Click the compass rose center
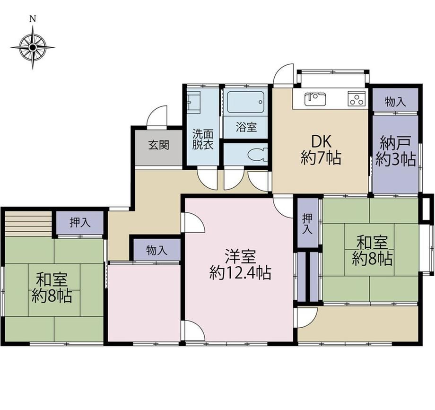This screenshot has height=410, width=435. point(33,47)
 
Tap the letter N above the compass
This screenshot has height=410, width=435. point(33,19)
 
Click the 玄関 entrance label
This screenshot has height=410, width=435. point(158,145)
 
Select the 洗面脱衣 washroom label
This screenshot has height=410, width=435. point(203,140)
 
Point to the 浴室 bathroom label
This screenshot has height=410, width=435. point(246,127)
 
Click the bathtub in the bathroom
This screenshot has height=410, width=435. point(245,102)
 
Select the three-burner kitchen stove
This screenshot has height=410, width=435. point(357,98)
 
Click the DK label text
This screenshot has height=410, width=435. point(321,142)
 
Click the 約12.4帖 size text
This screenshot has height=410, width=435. point(240,273)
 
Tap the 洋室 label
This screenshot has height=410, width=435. point(240,257)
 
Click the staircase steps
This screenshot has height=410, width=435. point(28,224)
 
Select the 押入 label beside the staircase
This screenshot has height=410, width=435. point(80,222)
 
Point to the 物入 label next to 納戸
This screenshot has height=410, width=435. point(395,102)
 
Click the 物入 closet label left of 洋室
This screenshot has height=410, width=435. point(157,251)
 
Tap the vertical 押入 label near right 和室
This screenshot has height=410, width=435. point(307,224)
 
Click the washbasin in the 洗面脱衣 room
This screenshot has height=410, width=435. point(194,102)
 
